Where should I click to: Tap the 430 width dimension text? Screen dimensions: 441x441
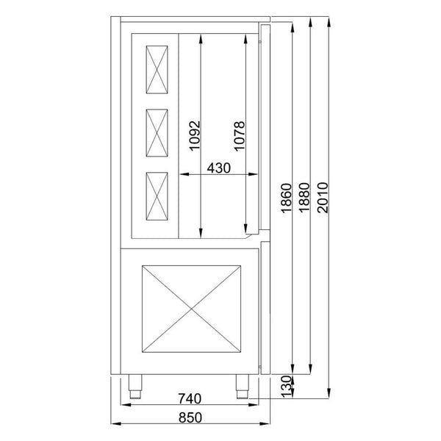tap(219, 167)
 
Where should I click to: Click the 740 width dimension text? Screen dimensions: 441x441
tap(189, 400)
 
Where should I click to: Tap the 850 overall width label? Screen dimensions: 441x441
tap(189, 417)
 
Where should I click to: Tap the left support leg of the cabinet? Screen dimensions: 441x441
tap(136, 384)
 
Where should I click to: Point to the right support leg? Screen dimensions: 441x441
tap(241, 384)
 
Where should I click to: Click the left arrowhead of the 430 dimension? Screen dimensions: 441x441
tap(183, 174)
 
